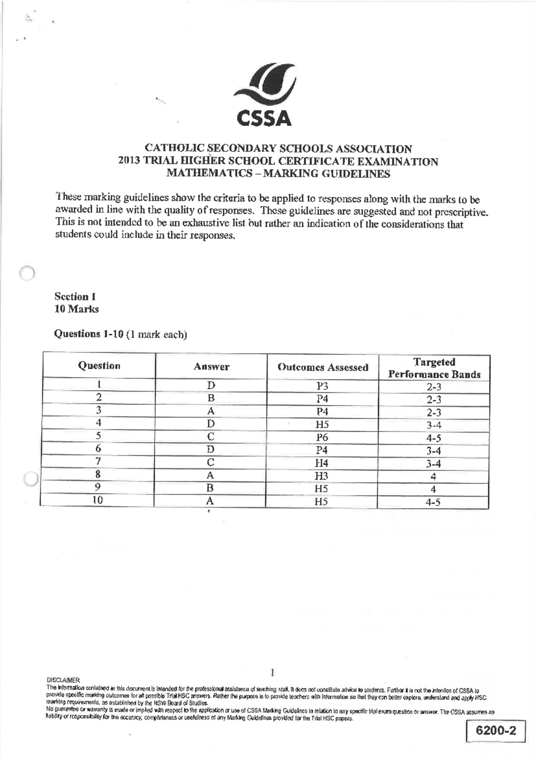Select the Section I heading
tap(75, 297)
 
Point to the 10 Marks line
tap(76, 309)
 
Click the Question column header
tap(99, 366)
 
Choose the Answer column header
tap(211, 367)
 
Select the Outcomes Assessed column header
tap(322, 367)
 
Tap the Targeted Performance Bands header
tap(434, 368)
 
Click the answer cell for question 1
tap(211, 386)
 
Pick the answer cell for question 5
tap(211, 437)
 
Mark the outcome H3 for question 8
tap(322, 476)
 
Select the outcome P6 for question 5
tap(322, 438)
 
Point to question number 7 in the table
tap(98, 461)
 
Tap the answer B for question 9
tap(210, 488)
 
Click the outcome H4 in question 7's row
tap(322, 463)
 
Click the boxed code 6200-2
tap(496, 730)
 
